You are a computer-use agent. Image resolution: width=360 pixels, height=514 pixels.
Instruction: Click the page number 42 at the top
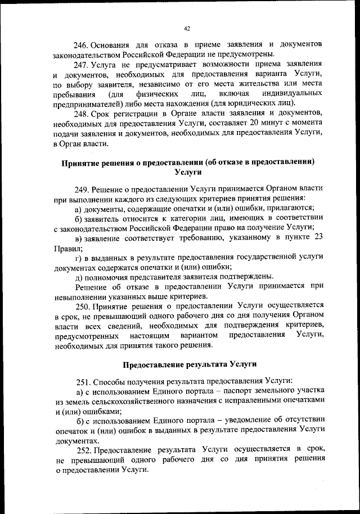click(187, 29)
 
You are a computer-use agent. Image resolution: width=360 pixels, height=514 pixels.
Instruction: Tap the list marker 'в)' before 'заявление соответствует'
click(78, 238)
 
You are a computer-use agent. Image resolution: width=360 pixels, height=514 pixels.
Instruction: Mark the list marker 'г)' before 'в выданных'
click(78, 258)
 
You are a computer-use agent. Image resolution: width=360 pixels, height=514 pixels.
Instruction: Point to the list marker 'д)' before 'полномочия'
click(78, 277)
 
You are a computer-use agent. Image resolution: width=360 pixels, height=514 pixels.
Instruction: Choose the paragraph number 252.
click(84, 449)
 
